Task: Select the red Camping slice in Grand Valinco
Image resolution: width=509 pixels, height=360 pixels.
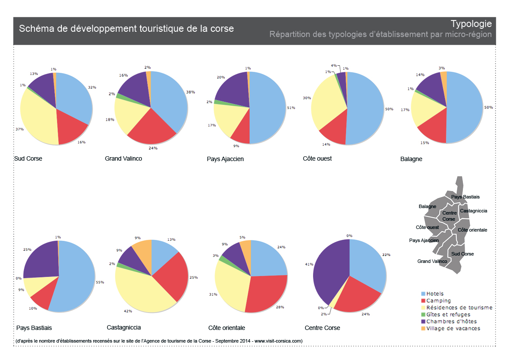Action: pyautogui.click(x=150, y=127)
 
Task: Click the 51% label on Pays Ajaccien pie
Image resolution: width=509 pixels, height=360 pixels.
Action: pyautogui.click(x=291, y=108)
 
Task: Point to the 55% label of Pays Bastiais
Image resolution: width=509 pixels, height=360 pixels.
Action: pyautogui.click(x=100, y=283)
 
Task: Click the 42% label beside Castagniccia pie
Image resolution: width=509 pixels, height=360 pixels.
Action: pyautogui.click(x=128, y=311)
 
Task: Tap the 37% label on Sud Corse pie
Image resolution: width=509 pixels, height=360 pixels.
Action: pyautogui.click(x=20, y=129)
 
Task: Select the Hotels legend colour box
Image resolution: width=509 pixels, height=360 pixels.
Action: pyautogui.click(x=423, y=294)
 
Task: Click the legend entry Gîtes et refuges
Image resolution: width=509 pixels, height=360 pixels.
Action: pyautogui.click(x=448, y=314)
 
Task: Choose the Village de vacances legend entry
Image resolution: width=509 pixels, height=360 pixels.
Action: pyautogui.click(x=453, y=328)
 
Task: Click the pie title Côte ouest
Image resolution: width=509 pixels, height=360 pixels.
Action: pyautogui.click(x=317, y=158)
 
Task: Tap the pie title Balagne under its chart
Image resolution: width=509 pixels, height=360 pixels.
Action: pyautogui.click(x=411, y=159)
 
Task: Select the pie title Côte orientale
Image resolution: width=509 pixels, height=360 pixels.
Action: pyautogui.click(x=226, y=327)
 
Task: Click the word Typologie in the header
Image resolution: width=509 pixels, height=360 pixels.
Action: pyautogui.click(x=471, y=24)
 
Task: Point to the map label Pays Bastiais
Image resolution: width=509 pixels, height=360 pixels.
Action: pyautogui.click(x=465, y=197)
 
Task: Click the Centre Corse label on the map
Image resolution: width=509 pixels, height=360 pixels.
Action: pyautogui.click(x=449, y=216)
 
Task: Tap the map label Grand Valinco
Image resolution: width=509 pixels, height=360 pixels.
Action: pyautogui.click(x=432, y=261)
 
